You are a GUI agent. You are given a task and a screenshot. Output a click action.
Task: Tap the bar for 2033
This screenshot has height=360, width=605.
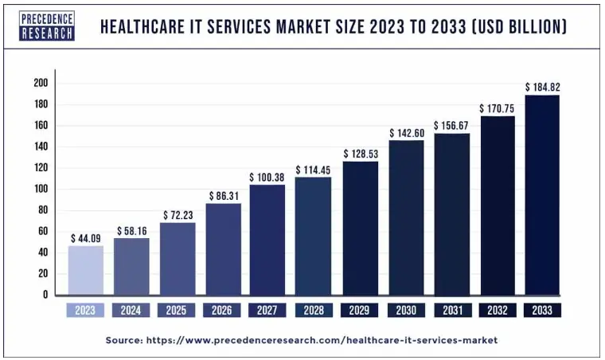542,195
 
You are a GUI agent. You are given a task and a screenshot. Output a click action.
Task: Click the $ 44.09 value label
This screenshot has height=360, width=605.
84,237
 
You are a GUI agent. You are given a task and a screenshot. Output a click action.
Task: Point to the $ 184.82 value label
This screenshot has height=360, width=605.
542,86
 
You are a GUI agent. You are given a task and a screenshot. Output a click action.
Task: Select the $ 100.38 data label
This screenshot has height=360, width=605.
267,177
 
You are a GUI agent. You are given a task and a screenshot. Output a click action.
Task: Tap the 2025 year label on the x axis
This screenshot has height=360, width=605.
176,310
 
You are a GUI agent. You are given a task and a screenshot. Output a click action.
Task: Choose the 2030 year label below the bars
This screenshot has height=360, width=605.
405,310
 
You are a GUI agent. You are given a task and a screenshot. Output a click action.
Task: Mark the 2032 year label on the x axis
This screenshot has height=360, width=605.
497,310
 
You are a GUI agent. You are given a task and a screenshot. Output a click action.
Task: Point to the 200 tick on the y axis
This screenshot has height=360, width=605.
41,83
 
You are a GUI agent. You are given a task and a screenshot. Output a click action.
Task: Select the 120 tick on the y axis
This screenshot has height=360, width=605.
41,168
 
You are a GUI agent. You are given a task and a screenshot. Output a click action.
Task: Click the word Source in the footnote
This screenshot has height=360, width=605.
123,340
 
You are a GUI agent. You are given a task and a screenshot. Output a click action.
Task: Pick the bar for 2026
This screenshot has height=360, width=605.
222,249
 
